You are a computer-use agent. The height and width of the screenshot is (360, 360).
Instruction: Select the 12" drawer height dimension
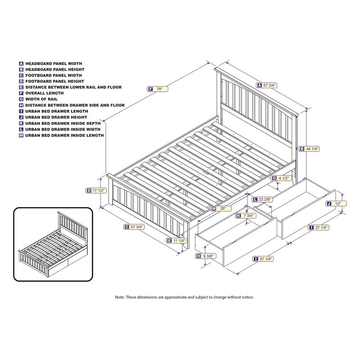(x=337, y=203)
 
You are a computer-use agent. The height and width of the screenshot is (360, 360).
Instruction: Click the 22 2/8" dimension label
(x=264, y=199)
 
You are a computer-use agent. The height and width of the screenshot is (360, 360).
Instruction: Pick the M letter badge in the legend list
(x=21, y=135)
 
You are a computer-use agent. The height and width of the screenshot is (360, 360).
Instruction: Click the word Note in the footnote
(x=119, y=297)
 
